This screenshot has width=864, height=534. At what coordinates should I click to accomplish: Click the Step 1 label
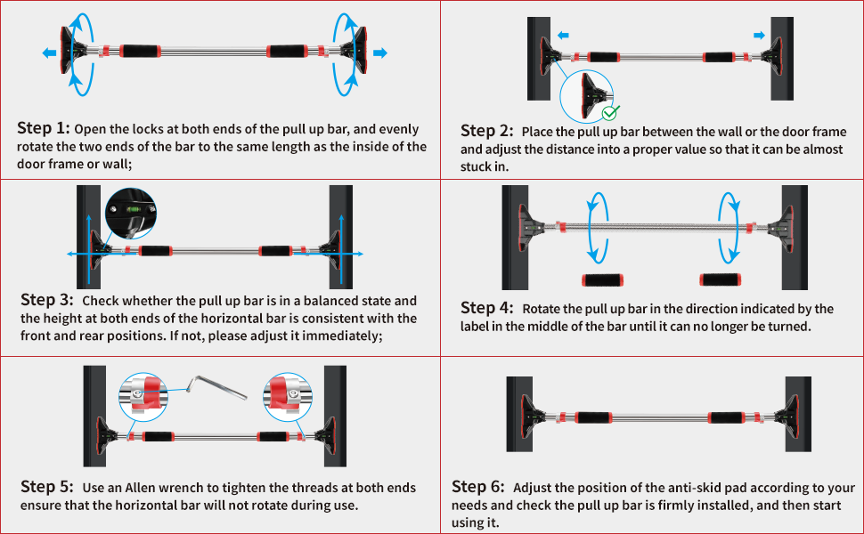click(x=42, y=128)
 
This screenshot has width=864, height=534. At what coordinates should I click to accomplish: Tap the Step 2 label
click(x=485, y=132)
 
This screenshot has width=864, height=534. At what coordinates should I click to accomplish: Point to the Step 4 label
click(x=486, y=308)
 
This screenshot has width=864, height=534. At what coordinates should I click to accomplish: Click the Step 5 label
click(x=45, y=487)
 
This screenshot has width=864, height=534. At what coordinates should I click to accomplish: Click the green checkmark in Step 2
click(x=610, y=112)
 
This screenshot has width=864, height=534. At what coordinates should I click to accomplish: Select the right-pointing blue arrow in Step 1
click(x=380, y=53)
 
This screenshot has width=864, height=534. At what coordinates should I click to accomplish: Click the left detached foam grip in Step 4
click(x=604, y=280)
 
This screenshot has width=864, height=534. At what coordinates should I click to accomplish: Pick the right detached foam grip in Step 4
click(x=722, y=280)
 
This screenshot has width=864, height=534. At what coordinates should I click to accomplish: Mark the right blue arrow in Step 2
click(x=758, y=36)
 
